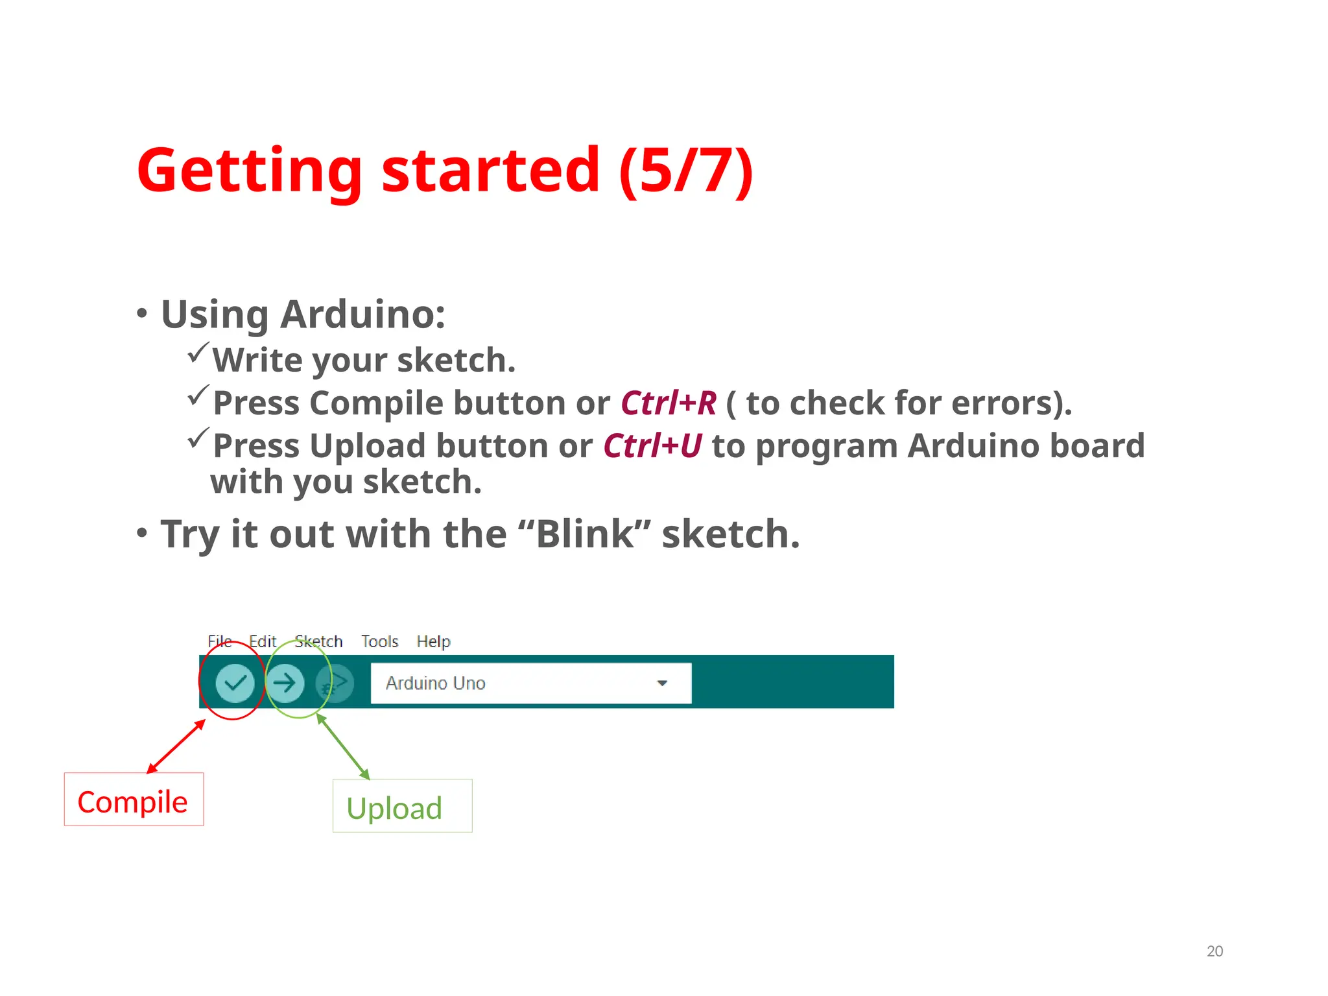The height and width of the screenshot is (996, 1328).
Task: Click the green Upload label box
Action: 402,806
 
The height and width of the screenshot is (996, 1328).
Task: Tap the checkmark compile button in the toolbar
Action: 235,683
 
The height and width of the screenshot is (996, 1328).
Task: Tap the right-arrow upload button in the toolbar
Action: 285,683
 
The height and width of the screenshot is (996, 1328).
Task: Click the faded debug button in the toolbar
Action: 335,683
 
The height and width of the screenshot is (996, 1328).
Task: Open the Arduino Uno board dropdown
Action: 519,683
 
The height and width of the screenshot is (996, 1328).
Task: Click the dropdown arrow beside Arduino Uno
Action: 662,683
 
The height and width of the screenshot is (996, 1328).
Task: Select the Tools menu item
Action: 379,641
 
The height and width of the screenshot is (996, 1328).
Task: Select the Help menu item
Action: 433,641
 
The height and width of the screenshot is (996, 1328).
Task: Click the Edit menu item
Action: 263,641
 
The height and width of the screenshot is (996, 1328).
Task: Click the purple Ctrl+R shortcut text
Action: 669,403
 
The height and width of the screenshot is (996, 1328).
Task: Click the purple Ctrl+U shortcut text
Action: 652,446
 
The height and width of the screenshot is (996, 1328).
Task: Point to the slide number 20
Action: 1215,951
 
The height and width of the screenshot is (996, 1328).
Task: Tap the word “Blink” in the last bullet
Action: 584,534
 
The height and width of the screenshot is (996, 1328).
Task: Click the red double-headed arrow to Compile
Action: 176,746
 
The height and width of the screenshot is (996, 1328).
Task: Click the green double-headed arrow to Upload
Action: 343,746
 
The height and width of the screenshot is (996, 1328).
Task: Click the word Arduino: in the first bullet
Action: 362,314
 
